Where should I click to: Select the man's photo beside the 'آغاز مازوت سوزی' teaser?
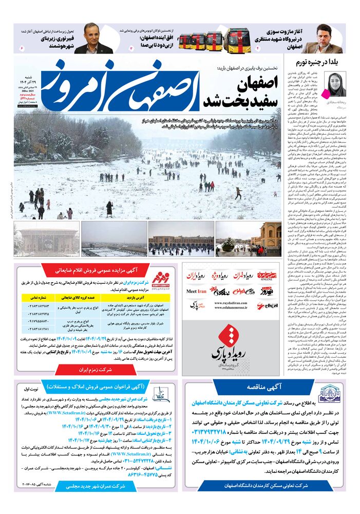click(x=329, y=39)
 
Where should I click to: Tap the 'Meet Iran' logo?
click(x=196, y=305)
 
